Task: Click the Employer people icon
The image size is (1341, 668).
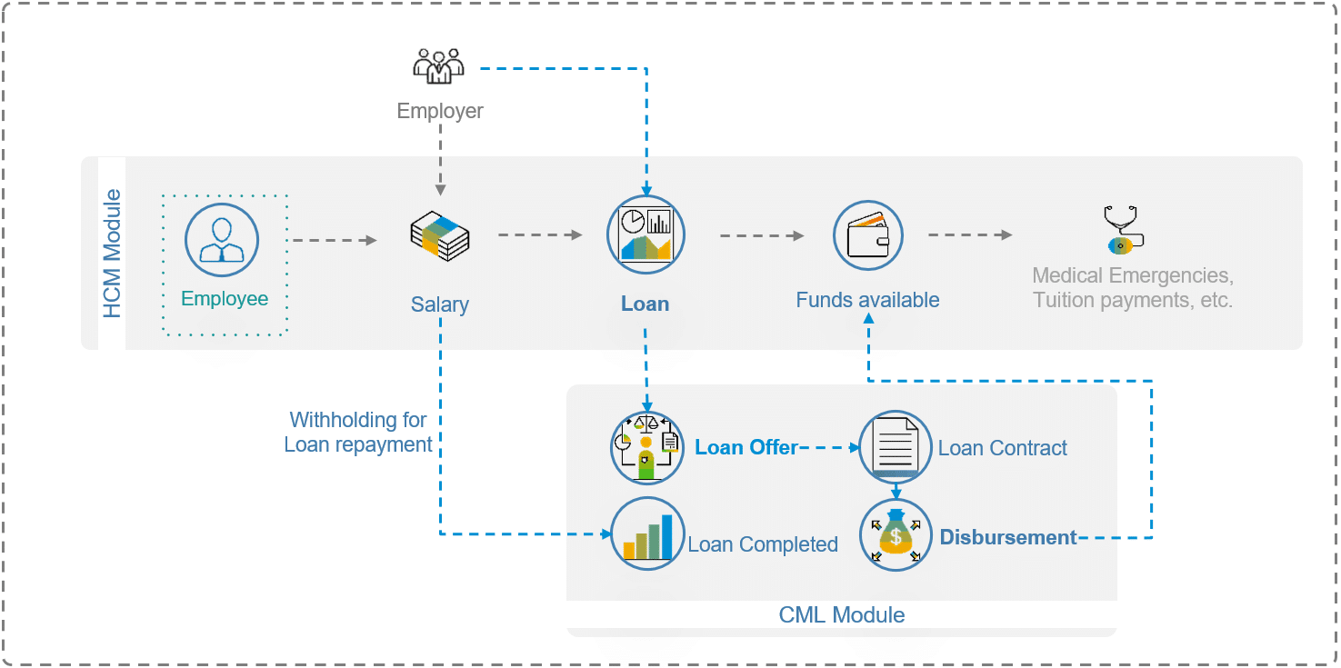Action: (439, 65)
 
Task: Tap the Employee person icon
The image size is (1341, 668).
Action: (223, 240)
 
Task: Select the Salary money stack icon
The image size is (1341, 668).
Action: (440, 234)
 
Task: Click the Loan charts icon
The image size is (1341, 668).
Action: (645, 234)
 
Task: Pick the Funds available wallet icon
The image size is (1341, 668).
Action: (868, 235)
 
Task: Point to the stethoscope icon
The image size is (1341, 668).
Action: (1124, 229)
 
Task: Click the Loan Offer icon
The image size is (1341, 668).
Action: (646, 446)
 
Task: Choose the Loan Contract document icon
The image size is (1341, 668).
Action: (896, 445)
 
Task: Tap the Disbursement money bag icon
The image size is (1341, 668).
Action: (896, 535)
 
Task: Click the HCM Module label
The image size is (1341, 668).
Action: (112, 254)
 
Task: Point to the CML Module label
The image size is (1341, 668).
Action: (842, 615)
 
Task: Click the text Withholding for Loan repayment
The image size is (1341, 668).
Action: (358, 433)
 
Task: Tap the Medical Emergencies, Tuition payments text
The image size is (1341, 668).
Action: (1133, 287)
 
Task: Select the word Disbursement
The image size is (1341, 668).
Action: (1008, 537)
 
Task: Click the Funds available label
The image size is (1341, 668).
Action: (868, 300)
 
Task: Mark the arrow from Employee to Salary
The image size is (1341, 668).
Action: (332, 240)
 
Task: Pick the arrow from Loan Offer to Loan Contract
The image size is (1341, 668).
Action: (829, 447)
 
